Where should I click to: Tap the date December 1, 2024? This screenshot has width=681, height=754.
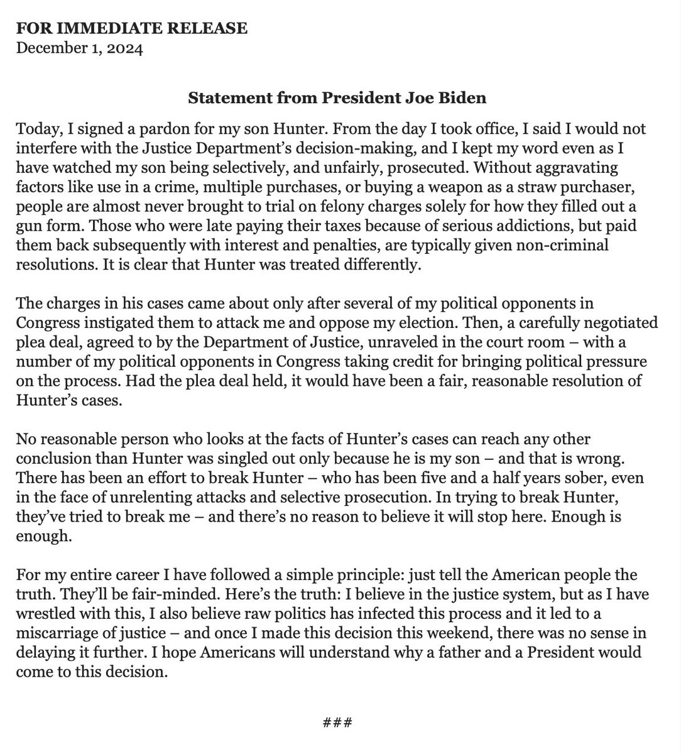(x=79, y=48)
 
